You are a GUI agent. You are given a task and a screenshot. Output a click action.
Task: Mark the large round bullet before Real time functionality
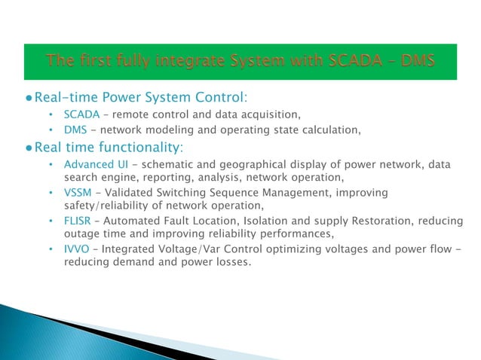28,147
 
